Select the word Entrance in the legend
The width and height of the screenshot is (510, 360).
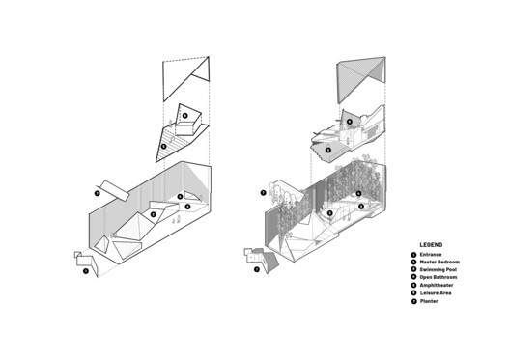[431, 255]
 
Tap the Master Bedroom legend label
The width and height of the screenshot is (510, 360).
[440, 262]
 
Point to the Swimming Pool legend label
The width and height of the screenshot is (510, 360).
[439, 269]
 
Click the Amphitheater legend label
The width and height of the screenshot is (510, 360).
[438, 286]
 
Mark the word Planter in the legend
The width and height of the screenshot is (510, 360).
[429, 302]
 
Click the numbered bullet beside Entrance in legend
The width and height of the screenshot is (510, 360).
[414, 255]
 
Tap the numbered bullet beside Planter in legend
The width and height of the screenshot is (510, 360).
[414, 302]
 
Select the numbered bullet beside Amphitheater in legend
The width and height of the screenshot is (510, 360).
[414, 286]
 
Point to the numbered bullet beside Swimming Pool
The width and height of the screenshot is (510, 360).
[414, 269]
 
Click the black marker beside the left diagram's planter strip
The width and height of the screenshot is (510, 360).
[97, 193]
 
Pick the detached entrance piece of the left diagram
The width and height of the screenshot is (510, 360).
[82, 259]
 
